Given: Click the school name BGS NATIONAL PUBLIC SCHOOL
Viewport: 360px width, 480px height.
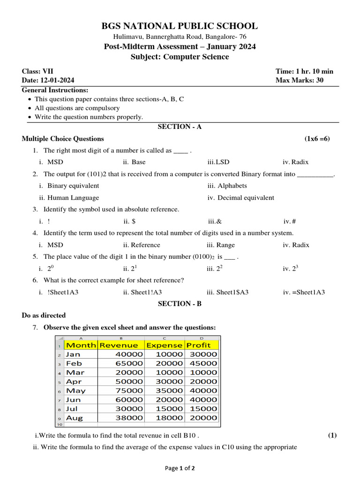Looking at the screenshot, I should click(180, 26).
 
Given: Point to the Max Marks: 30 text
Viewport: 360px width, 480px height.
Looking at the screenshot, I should click(300, 80).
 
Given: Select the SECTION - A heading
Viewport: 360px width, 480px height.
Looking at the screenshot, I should click(180, 127).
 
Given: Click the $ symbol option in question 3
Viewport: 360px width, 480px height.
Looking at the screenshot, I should click(129, 221).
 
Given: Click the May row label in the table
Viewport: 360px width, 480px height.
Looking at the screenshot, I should click(76, 390).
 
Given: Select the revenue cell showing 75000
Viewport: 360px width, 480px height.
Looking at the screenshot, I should click(129, 390).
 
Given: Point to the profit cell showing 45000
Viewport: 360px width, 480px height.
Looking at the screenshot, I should click(203, 363).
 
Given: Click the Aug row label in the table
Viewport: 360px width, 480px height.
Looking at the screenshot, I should click(75, 418).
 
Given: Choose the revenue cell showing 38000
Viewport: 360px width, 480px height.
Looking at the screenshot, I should click(129, 418).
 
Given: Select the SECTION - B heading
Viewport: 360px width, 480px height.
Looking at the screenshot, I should click(180, 304).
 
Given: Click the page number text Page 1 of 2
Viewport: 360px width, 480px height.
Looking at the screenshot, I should click(180, 468).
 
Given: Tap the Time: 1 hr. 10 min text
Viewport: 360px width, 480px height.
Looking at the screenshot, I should click(304, 71).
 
